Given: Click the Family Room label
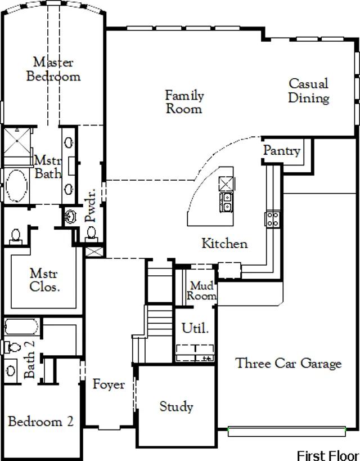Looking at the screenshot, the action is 184,102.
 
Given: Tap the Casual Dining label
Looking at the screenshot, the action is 309,91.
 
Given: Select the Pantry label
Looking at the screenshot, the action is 282,150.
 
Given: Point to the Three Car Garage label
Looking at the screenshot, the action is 289,363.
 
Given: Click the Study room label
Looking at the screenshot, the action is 176,406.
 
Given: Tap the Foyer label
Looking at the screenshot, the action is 109,384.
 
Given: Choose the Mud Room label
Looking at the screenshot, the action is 202,290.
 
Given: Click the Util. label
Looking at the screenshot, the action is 195,328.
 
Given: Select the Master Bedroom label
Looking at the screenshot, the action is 53,69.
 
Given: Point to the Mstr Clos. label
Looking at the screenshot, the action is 44,280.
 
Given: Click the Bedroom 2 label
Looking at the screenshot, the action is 40,421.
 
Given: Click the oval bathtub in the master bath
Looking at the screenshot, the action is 17,185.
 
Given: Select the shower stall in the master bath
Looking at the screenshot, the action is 17,142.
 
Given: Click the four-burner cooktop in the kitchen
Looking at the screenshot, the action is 272,219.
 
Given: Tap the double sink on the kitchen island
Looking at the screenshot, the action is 227,202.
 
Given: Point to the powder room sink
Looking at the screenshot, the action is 70,217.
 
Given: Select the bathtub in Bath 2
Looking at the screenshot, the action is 21,326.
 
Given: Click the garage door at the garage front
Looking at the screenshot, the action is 287,432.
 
